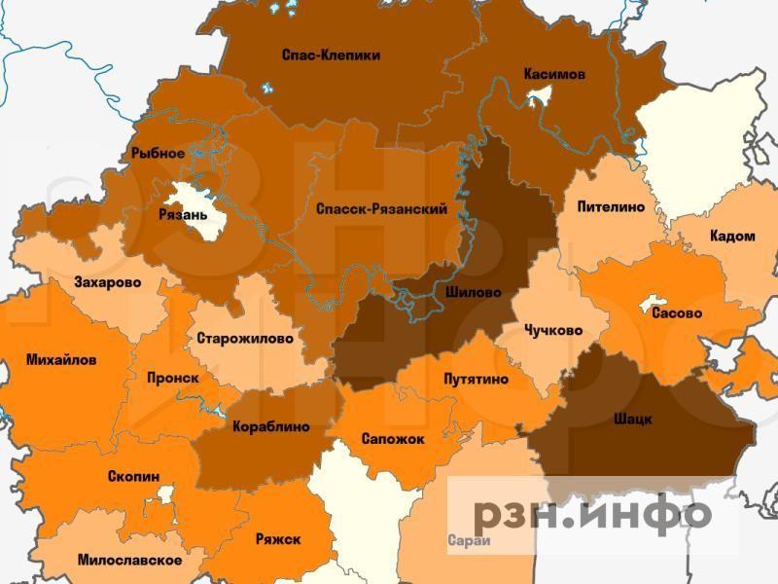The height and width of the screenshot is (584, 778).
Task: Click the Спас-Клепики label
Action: (x=330, y=55)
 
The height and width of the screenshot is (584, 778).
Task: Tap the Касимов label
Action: (x=554, y=74)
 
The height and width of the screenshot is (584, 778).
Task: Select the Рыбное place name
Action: (x=158, y=154)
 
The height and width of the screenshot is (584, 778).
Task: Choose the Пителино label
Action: (x=611, y=207)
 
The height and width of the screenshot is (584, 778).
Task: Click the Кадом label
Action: (x=732, y=237)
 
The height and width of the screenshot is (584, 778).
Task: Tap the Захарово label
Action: (x=107, y=283)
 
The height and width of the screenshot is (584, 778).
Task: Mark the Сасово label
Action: (x=677, y=314)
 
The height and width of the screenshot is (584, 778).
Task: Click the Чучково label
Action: (x=552, y=330)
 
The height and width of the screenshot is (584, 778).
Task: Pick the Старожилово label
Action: (x=244, y=339)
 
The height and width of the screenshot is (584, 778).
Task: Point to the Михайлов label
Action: (x=61, y=359)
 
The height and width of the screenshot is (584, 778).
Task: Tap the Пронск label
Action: (x=172, y=377)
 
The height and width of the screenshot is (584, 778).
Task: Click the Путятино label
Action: (x=475, y=379)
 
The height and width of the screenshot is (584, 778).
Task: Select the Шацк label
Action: (x=633, y=419)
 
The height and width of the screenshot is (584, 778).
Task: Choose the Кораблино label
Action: (x=271, y=426)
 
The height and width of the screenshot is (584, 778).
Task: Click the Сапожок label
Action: (x=392, y=439)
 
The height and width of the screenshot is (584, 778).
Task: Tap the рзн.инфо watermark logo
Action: (x=592, y=513)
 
